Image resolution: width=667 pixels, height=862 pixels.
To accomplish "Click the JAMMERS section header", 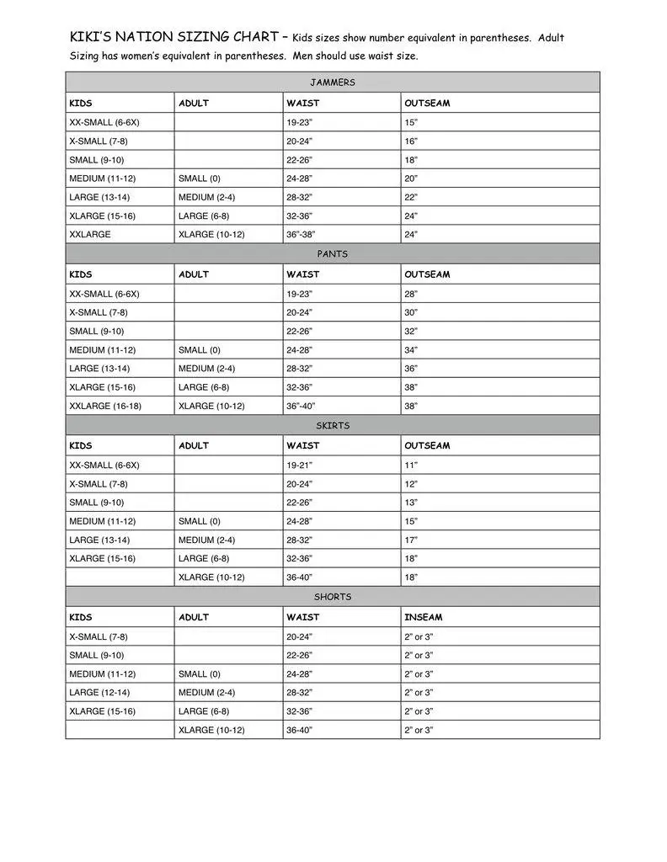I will click(x=333, y=82).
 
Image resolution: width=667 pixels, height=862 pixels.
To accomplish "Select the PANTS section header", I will click(x=333, y=253).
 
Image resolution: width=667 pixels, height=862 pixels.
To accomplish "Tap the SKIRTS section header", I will click(x=333, y=425).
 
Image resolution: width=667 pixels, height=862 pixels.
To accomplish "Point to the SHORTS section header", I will click(x=333, y=597).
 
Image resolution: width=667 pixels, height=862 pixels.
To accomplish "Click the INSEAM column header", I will click(x=423, y=617).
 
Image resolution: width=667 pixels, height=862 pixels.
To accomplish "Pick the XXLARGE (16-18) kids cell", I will click(x=105, y=406).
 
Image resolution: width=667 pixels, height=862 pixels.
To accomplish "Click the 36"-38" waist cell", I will click(x=304, y=235).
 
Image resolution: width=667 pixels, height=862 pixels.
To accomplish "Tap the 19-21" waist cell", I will click(x=299, y=466).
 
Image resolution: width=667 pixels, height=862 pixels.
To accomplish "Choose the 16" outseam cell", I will click(x=411, y=141).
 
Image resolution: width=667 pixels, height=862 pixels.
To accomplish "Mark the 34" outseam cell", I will click(x=411, y=350).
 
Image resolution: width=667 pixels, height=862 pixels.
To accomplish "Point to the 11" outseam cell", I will click(x=411, y=466).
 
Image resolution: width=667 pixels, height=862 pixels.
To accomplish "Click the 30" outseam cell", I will click(x=411, y=313).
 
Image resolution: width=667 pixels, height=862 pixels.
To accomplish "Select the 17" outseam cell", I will click(x=411, y=540).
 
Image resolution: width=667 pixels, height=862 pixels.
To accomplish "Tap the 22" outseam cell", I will click(x=411, y=197).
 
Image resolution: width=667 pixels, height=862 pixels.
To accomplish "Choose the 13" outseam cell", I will click(x=411, y=503).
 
